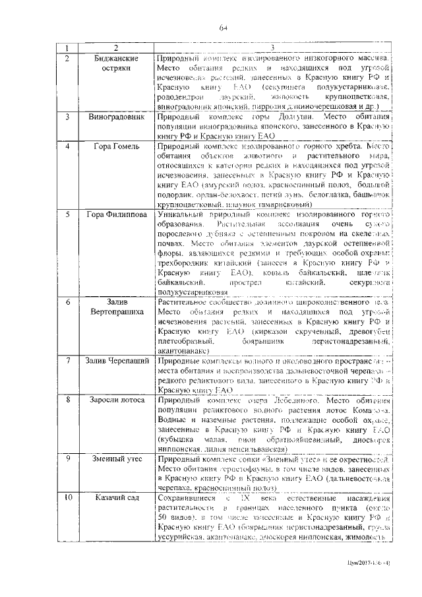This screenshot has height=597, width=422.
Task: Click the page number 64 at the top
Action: [224, 27]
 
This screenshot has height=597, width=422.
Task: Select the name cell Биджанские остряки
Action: [115, 63]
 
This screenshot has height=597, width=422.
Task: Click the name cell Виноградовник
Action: [115, 116]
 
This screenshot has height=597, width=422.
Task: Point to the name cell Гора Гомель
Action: [115, 144]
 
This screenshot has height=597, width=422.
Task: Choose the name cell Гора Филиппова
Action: [115, 214]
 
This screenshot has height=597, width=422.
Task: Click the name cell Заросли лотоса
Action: [115, 399]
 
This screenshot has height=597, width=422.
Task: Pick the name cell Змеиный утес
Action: [115, 456]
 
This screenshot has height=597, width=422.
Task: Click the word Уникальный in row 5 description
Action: [181, 214]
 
